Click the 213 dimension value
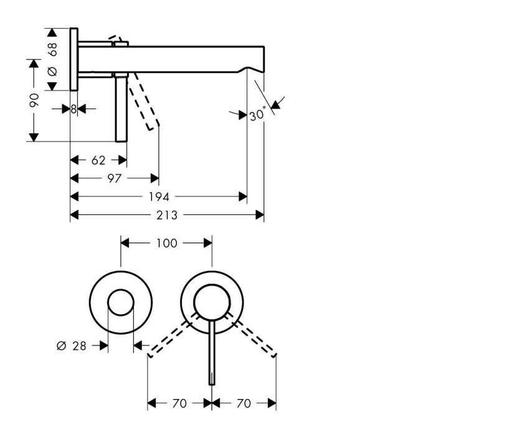pyautogui.click(x=167, y=215)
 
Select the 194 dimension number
pyautogui.click(x=158, y=197)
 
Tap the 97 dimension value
pyautogui.click(x=115, y=178)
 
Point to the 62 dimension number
pyautogui.click(x=98, y=160)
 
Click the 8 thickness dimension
pyautogui.click(x=73, y=110)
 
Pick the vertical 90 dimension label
pyautogui.click(x=34, y=100)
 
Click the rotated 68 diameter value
pyautogui.click(x=52, y=49)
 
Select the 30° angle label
pyautogui.click(x=258, y=114)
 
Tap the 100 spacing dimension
pyautogui.click(x=167, y=243)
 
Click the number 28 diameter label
pyautogui.click(x=80, y=346)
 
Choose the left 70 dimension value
pyautogui.click(x=179, y=404)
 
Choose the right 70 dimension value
pyautogui.click(x=244, y=404)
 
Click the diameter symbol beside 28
pyautogui.click(x=61, y=346)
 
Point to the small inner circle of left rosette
pyautogui.click(x=121, y=289)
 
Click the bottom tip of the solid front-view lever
pyautogui.click(x=212, y=385)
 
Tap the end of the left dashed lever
pyautogui.click(x=149, y=355)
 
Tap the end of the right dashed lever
pyautogui.click(x=275, y=355)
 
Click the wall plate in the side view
pyautogui.click(x=73, y=60)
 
